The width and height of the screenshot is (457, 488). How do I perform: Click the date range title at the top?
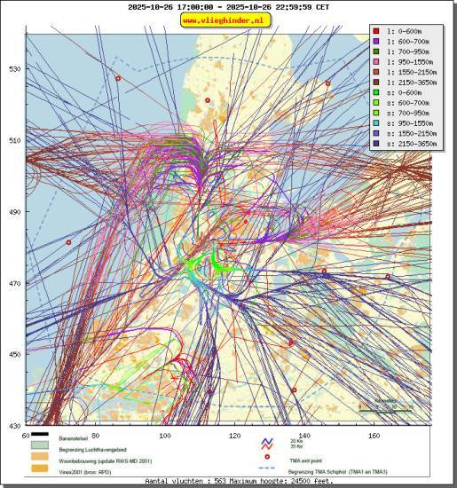[x=228, y=6]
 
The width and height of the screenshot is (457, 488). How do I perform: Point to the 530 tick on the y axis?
[x=15, y=68]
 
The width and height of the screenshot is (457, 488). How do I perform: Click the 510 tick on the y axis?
[x=15, y=140]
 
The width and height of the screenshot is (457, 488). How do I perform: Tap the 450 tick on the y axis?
[x=15, y=354]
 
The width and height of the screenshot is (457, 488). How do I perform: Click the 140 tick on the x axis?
[x=303, y=435]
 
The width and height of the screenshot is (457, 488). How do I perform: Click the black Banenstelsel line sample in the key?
[x=41, y=436]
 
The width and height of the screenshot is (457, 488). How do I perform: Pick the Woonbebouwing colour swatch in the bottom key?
[x=41, y=458]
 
